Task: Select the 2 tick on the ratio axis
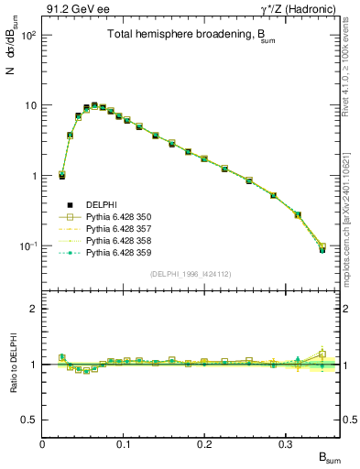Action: click(x=35, y=309)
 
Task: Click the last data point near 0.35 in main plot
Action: click(x=322, y=248)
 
